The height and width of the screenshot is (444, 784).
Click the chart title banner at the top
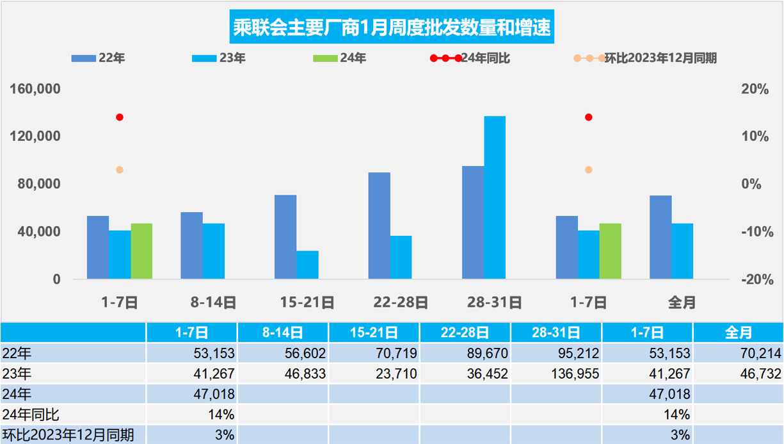[x=391, y=28]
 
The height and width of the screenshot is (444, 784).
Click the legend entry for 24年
[x=339, y=58]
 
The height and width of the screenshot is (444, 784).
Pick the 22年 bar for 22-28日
[x=380, y=226]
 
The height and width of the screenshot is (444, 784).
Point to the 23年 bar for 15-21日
[x=308, y=265]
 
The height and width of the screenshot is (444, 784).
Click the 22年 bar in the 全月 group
[x=660, y=237]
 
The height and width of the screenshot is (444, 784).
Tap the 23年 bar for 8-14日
[x=214, y=251]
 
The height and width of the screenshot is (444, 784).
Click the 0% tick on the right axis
[x=756, y=185]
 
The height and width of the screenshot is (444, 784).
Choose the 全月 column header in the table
[x=738, y=333]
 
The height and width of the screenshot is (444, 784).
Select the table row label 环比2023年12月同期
[x=68, y=435]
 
